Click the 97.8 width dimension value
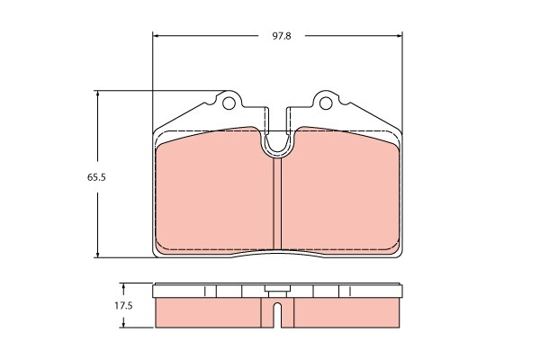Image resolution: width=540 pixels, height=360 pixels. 282,36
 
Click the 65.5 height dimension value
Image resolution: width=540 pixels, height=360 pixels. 96,177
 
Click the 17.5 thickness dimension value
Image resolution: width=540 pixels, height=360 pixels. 123,306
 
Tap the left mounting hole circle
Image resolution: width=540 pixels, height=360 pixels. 228,103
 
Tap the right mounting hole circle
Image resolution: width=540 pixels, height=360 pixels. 326,103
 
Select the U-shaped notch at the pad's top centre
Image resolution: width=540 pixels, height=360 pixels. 277,148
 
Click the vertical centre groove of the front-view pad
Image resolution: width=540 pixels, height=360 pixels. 277,203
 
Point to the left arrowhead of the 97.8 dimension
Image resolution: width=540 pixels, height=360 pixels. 156,35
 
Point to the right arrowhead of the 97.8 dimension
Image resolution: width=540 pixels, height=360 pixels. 400,35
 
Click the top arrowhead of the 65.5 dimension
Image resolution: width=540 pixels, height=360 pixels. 98,94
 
